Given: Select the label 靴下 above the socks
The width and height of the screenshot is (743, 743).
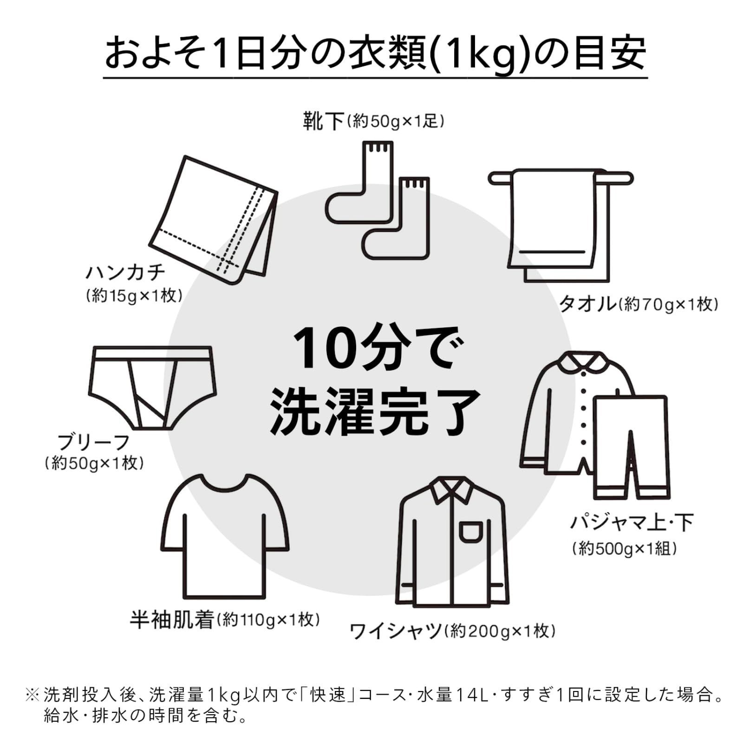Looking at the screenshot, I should click(x=323, y=121).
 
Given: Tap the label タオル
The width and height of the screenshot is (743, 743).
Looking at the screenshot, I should click(x=587, y=304).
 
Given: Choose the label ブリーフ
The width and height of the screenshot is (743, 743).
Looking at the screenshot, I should click(x=93, y=442).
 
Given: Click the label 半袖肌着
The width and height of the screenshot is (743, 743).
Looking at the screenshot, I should click(x=171, y=620).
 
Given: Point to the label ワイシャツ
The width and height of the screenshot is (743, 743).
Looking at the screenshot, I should click(x=395, y=631).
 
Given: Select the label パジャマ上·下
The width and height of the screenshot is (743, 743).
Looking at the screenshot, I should click(x=632, y=522).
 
